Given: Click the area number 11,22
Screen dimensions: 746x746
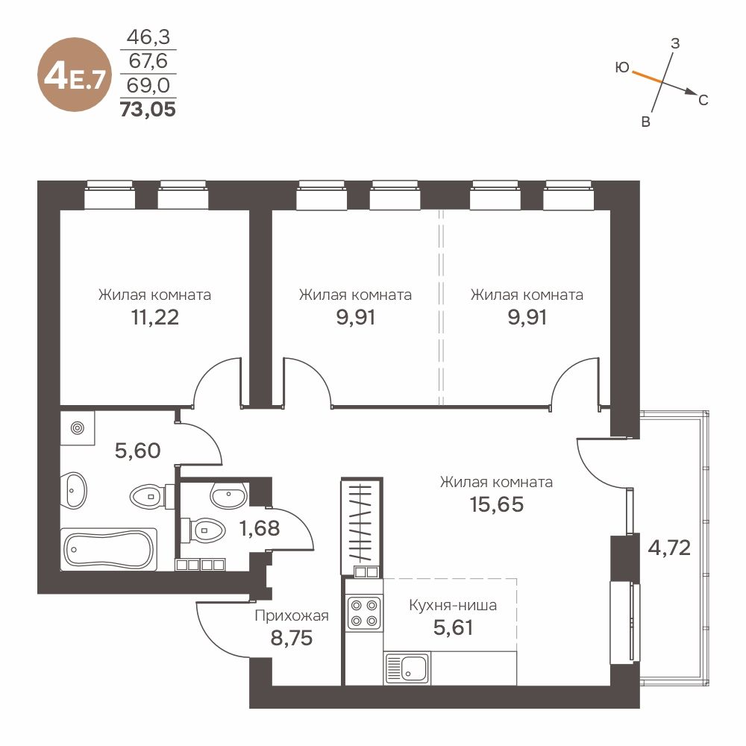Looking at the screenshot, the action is pyautogui.click(x=154, y=317).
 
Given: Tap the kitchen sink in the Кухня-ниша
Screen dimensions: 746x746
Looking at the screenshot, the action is pyautogui.click(x=407, y=668).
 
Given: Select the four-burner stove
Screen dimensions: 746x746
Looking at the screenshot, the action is pyautogui.click(x=364, y=612).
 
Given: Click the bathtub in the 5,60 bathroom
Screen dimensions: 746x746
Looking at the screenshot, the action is pyautogui.click(x=109, y=549).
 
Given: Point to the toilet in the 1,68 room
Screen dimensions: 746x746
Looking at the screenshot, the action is pyautogui.click(x=204, y=529).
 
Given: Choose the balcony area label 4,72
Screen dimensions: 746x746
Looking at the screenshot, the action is pyautogui.click(x=669, y=548).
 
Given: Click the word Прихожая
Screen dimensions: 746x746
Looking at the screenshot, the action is pyautogui.click(x=292, y=615).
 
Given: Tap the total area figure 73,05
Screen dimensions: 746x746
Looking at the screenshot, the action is pyautogui.click(x=148, y=110).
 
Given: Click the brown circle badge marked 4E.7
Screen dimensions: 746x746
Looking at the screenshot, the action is pyautogui.click(x=74, y=75).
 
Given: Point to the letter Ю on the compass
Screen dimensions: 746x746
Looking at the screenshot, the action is pyautogui.click(x=622, y=68).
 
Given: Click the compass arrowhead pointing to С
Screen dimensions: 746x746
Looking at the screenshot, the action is pyautogui.click(x=692, y=92).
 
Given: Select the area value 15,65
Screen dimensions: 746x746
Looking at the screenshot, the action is pyautogui.click(x=497, y=505).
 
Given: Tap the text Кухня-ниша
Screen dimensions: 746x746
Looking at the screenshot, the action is pyautogui.click(x=453, y=606).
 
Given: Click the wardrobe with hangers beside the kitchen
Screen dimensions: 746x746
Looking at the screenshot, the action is pyautogui.click(x=362, y=527).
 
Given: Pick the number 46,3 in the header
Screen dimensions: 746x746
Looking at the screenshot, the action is pyautogui.click(x=148, y=37).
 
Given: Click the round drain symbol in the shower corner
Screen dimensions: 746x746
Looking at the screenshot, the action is pyautogui.click(x=78, y=428).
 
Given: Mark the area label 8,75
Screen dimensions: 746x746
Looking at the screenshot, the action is pyautogui.click(x=291, y=638).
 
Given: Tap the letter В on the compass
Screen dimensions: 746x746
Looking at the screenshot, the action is pyautogui.click(x=645, y=122).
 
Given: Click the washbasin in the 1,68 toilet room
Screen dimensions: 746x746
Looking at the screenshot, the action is pyautogui.click(x=228, y=495).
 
